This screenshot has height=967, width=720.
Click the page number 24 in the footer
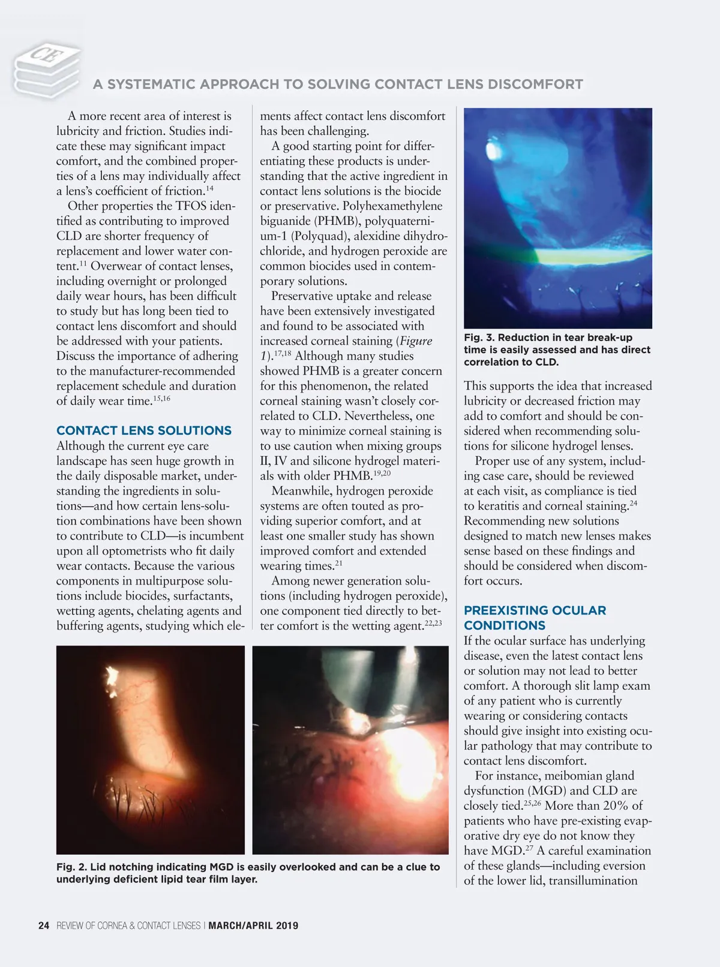(x=43, y=926)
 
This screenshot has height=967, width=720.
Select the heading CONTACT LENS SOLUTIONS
(x=144, y=430)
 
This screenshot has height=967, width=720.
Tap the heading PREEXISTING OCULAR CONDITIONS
(x=535, y=617)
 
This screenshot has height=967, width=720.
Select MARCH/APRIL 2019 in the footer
(x=253, y=926)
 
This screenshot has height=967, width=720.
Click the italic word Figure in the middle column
(x=416, y=341)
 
